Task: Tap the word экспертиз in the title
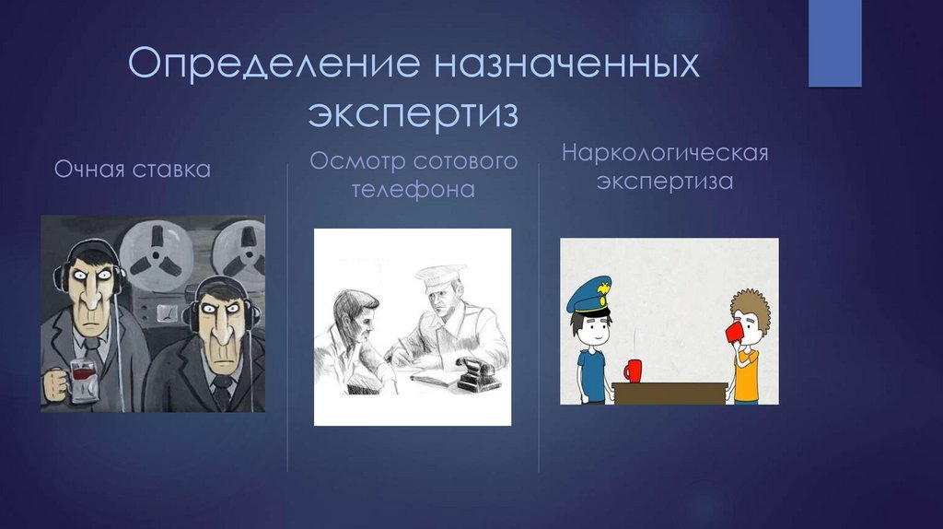click(413, 115)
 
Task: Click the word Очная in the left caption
click(90, 170)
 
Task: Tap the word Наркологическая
click(665, 151)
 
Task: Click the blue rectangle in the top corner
click(834, 43)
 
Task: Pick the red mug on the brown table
click(633, 370)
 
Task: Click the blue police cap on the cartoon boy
click(588, 297)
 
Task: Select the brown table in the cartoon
click(669, 392)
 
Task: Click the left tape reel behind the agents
click(150, 257)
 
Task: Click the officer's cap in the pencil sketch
click(436, 276)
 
